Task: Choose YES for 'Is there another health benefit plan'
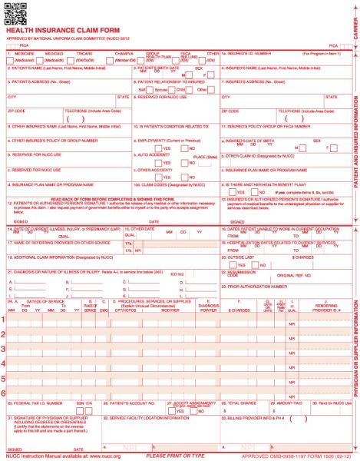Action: tap(229, 192)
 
